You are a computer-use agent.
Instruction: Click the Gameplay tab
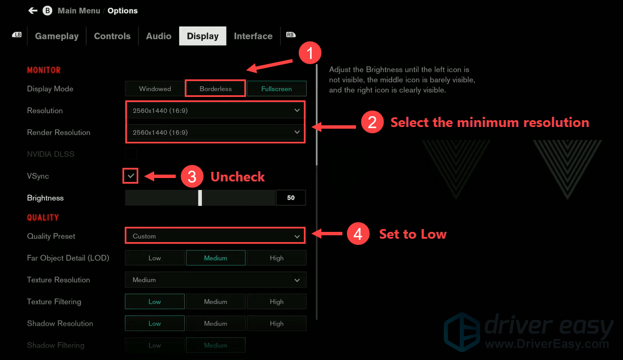57,36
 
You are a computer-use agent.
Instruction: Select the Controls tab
112,36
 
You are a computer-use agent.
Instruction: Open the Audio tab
159,36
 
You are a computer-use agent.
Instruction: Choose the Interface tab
253,36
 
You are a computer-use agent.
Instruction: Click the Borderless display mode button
215,88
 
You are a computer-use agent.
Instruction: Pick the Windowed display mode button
155,88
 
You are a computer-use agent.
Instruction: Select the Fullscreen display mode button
277,88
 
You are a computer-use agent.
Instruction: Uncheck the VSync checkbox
131,176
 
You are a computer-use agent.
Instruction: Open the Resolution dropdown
215,111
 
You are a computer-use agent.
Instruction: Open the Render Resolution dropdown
215,132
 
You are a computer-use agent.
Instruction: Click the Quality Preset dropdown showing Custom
215,236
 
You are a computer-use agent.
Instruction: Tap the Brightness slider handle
200,198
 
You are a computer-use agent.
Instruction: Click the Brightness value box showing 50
291,198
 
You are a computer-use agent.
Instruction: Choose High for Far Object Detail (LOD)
277,258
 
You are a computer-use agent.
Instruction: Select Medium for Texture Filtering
215,302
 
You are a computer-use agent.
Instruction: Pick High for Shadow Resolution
277,323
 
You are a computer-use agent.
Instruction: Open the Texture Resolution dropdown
215,279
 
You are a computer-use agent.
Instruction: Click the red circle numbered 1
310,54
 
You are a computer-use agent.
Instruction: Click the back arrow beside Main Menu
33,11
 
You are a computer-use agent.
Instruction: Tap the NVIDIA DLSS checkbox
131,154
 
